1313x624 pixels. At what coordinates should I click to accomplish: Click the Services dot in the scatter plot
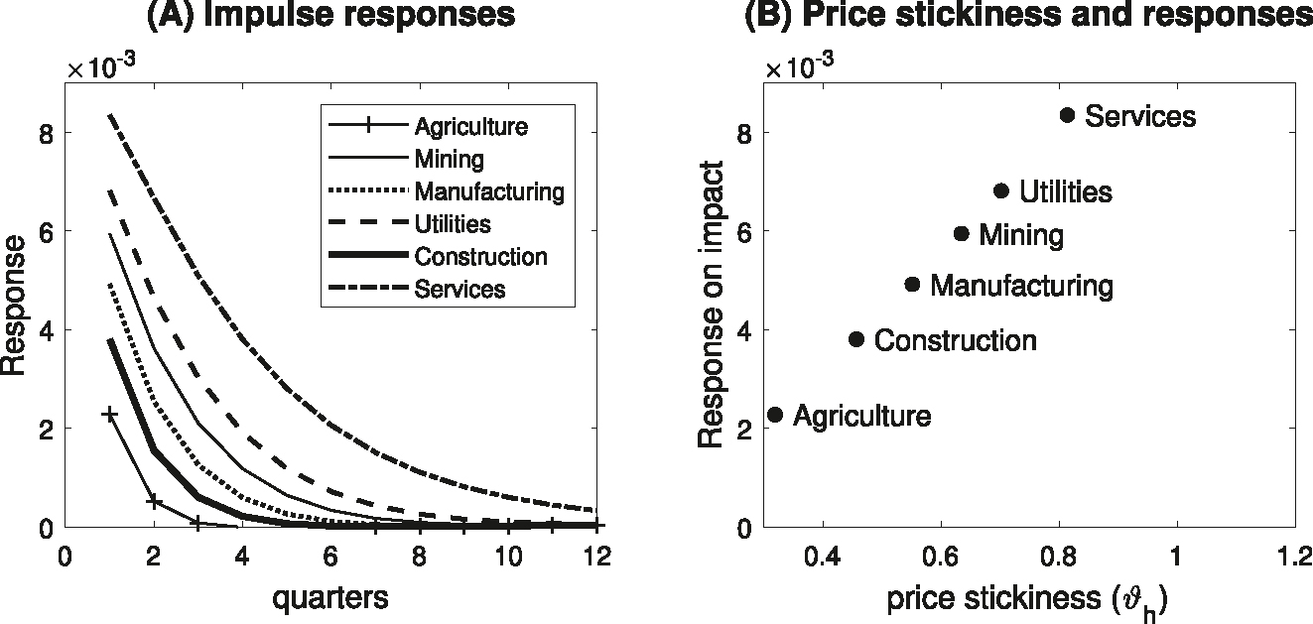1067,115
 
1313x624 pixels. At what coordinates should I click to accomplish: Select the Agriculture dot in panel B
775,415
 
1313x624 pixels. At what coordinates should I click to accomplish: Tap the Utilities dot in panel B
1000,190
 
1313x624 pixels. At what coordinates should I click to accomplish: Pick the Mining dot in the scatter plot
961,234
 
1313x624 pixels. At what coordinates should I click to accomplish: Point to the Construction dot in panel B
856,339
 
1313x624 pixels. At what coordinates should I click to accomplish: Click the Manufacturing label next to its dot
1021,287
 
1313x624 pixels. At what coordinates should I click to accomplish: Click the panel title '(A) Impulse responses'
330,15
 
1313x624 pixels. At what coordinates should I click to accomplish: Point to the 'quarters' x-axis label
331,598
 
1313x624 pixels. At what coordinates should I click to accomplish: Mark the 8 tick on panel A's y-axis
43,133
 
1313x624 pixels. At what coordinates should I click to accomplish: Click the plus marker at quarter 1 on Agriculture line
110,415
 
